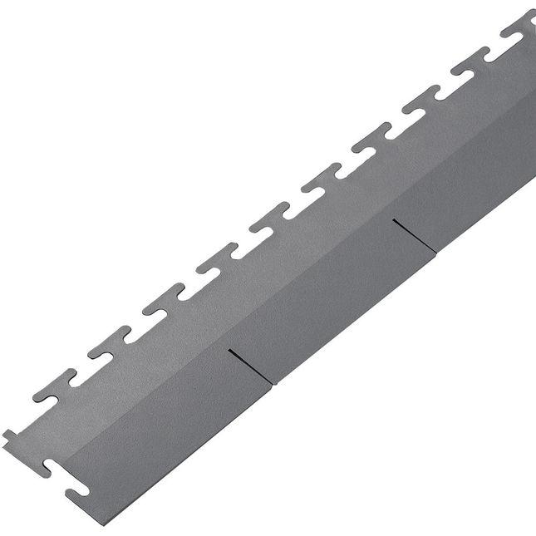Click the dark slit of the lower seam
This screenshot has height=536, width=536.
(250, 366)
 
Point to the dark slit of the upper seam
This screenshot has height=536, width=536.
(416, 235)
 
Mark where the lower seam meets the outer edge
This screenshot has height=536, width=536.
(273, 382)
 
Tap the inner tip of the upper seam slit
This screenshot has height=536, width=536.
(394, 220)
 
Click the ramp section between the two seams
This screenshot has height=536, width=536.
(332, 283)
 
